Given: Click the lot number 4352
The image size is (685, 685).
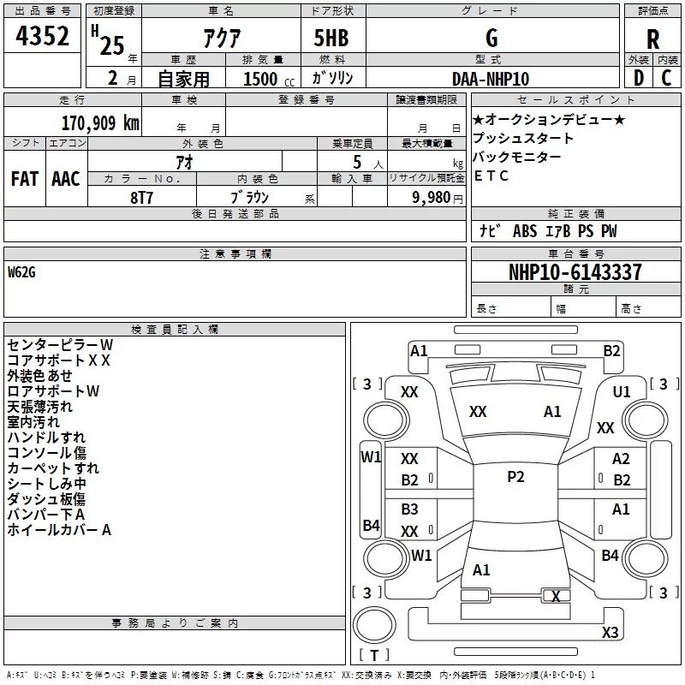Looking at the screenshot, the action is pos(42,36).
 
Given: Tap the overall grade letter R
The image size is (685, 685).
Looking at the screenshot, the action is pos(652,39).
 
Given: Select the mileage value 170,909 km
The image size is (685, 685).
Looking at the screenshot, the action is pos(100,123).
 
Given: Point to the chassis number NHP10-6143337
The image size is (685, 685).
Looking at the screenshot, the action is pos(575,272).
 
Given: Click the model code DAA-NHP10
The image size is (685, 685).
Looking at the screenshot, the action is pos(491,79).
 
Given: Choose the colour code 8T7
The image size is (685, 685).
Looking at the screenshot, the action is pos(141,198).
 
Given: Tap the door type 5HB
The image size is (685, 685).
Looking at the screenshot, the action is pos(331,38).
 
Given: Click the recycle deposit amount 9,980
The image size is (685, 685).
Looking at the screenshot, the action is pos(431,198).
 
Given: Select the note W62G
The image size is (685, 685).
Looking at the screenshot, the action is pos(21,272).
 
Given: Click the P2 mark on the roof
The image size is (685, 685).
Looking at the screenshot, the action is pos(515,477).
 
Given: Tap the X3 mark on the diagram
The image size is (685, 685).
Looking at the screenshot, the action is pos(610,632).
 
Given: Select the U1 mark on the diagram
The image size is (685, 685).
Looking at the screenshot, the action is pos(622,392).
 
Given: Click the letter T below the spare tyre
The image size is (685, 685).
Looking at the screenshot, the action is pos(374,655).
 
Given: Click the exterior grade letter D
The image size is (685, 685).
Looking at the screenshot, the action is pos(638,78).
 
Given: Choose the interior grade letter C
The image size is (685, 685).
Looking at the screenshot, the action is pos(666,78).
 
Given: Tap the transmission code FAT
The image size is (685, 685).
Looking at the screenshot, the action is pos(25,179).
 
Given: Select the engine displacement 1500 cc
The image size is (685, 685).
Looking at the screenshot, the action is pos(269,79).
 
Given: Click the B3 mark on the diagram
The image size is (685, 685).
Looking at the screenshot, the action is pos(409,509).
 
